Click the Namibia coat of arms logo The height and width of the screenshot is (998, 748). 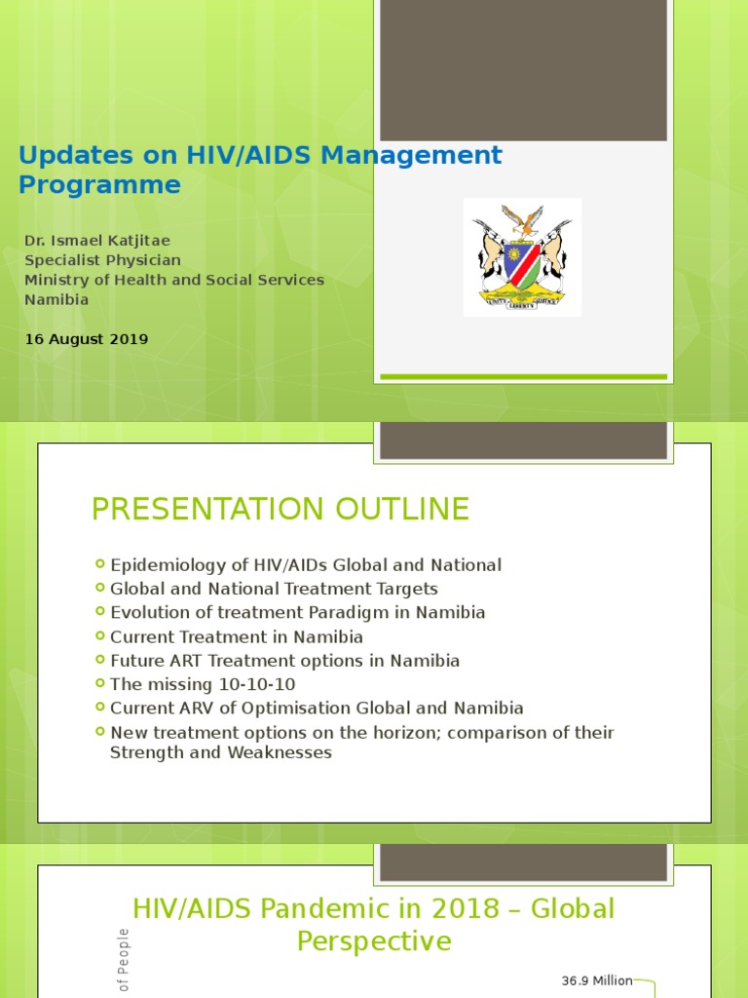[522, 256]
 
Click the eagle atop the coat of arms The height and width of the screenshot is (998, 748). [523, 219]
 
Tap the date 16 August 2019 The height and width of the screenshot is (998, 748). [87, 339]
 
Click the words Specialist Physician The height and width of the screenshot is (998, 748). [102, 260]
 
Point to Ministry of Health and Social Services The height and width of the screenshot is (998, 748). [174, 280]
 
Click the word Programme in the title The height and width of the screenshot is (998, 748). [100, 185]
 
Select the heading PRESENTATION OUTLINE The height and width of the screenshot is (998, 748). [280, 509]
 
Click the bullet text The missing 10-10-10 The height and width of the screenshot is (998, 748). [203, 684]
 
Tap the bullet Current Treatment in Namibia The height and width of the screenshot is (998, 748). [237, 636]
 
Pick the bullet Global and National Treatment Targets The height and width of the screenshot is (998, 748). [274, 589]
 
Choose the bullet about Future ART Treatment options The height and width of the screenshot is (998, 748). [284, 661]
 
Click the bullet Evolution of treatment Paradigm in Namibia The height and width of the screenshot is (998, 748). [297, 613]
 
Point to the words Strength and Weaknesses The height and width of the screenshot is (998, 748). [221, 752]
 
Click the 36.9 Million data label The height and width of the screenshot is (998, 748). [597, 980]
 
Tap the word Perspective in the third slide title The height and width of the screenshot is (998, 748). [374, 941]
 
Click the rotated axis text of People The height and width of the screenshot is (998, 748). [125, 961]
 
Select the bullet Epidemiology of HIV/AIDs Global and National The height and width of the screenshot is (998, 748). [306, 565]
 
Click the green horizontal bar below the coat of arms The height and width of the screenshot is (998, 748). [523, 376]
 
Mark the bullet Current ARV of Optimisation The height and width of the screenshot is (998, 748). [317, 709]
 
